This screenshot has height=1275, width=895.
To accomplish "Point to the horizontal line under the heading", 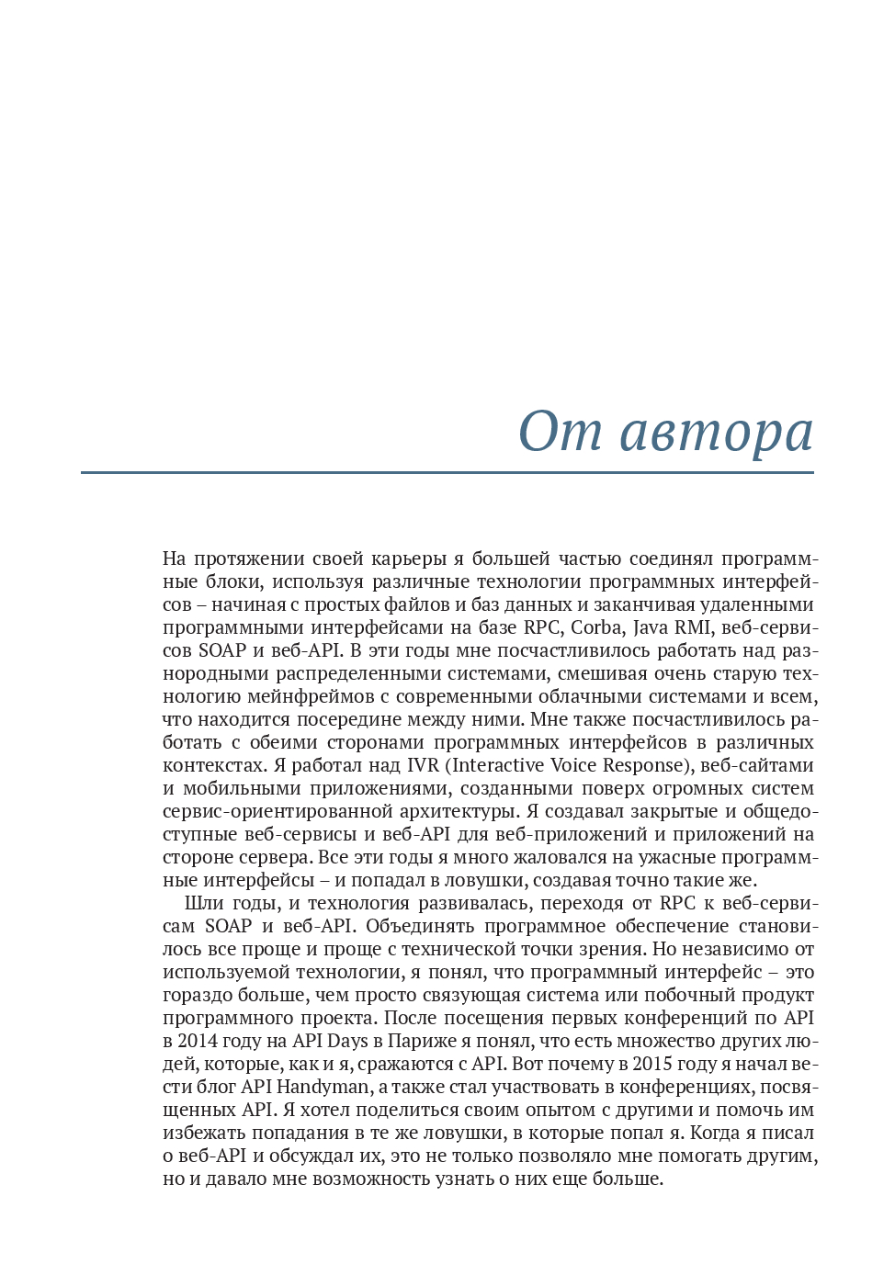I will tap(447, 473).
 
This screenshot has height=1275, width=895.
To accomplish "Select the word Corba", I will tap(596, 628).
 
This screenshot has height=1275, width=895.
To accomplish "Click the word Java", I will tap(651, 628).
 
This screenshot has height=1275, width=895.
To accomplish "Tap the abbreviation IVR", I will tap(423, 766).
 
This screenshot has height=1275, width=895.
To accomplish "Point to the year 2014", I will tap(198, 1042).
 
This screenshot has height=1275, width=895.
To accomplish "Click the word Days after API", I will tap(347, 1042).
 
